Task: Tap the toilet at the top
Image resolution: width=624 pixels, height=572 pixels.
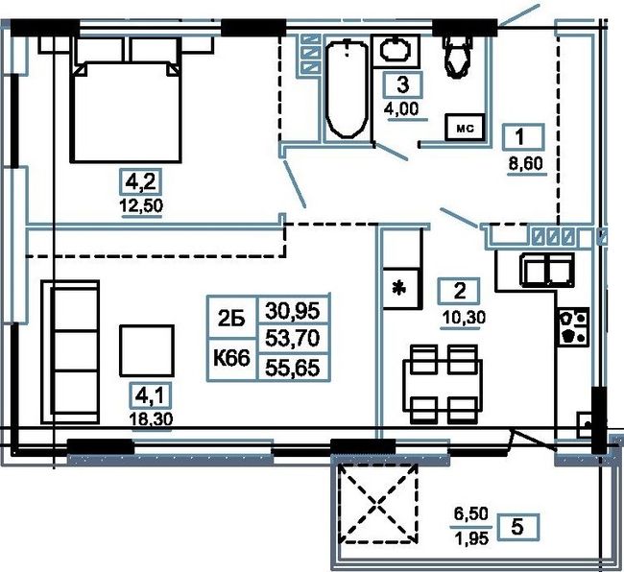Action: [x=459, y=56]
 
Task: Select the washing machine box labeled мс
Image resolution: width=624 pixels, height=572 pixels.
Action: [x=466, y=128]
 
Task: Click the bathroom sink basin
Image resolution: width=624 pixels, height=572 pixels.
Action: [x=396, y=50]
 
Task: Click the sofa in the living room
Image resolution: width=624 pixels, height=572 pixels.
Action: [x=70, y=352]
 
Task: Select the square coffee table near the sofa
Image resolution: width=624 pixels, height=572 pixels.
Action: [x=147, y=350]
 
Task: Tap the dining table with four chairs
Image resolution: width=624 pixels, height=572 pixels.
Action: [x=443, y=385]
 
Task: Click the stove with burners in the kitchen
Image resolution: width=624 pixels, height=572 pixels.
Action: [x=573, y=326]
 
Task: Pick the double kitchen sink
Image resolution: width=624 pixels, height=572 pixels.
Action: [x=547, y=270]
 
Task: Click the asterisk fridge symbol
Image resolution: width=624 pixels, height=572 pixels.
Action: [x=400, y=288]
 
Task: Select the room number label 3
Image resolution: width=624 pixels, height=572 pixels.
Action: [x=403, y=85]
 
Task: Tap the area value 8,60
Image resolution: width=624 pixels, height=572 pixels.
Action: [x=526, y=164]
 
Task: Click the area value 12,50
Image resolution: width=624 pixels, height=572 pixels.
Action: [x=142, y=206]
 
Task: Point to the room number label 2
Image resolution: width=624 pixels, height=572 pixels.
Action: [x=459, y=291]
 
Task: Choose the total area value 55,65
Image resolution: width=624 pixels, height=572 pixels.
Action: [x=293, y=368]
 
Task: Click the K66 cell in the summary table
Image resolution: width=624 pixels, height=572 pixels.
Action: [x=232, y=359]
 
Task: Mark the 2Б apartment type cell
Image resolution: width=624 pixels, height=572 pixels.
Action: [x=232, y=318]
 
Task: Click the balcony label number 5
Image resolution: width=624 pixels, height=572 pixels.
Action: [x=516, y=527]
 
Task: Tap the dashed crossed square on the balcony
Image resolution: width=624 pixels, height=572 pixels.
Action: [x=378, y=504]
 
